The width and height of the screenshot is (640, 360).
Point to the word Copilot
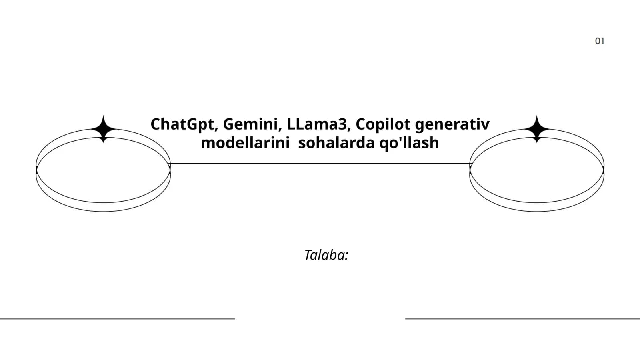pyautogui.click(x=383, y=125)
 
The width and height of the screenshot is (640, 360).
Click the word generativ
pyautogui.click(x=452, y=125)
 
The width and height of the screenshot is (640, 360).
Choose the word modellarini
pyautogui.click(x=245, y=142)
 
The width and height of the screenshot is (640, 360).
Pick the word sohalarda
pyautogui.click(x=336, y=142)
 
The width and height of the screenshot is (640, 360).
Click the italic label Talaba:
pyautogui.click(x=326, y=255)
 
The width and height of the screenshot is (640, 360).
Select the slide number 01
pyautogui.click(x=600, y=41)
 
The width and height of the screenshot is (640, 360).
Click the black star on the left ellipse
pyautogui.click(x=104, y=129)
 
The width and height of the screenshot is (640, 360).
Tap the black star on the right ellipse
pyautogui.click(x=536, y=129)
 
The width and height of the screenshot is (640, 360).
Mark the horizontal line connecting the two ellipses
pyautogui.click(x=320, y=164)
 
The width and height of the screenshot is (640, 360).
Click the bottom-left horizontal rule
pyautogui.click(x=118, y=318)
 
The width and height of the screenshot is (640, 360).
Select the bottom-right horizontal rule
pyautogui.click(x=522, y=318)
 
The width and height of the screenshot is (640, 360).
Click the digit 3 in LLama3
pyautogui.click(x=342, y=124)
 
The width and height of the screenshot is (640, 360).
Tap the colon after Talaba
pyautogui.click(x=346, y=256)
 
